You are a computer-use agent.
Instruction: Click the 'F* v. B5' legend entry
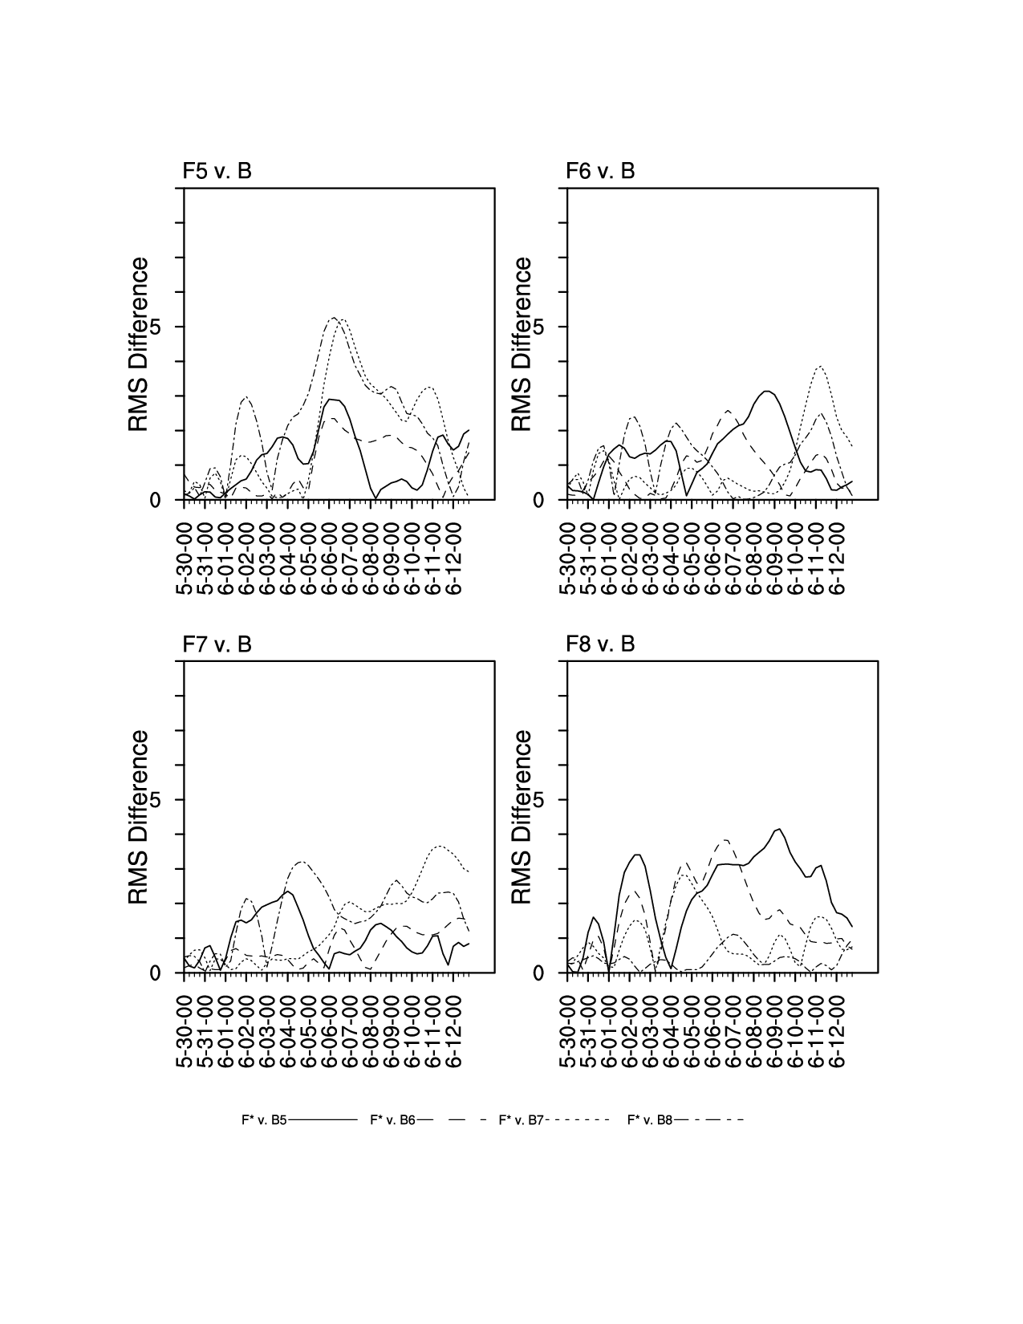pos(264,1119)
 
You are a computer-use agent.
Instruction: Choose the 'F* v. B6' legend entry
pos(392,1119)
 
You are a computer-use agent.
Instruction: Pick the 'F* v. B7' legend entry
pos(522,1119)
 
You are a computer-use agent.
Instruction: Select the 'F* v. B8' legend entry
pos(650,1119)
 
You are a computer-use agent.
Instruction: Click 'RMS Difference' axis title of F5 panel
pos(139,344)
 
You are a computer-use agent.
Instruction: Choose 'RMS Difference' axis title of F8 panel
pos(522,818)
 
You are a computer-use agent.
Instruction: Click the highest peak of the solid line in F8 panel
pos(778,829)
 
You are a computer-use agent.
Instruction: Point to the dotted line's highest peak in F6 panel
pos(819,366)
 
